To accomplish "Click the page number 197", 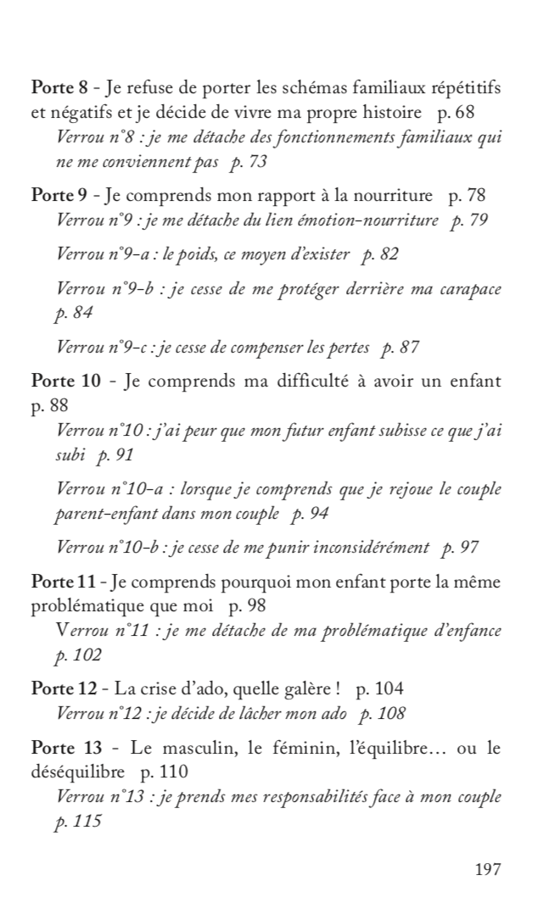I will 488,869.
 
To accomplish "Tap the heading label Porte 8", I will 57,88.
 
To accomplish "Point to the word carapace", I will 468,289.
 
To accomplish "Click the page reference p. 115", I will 77,822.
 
